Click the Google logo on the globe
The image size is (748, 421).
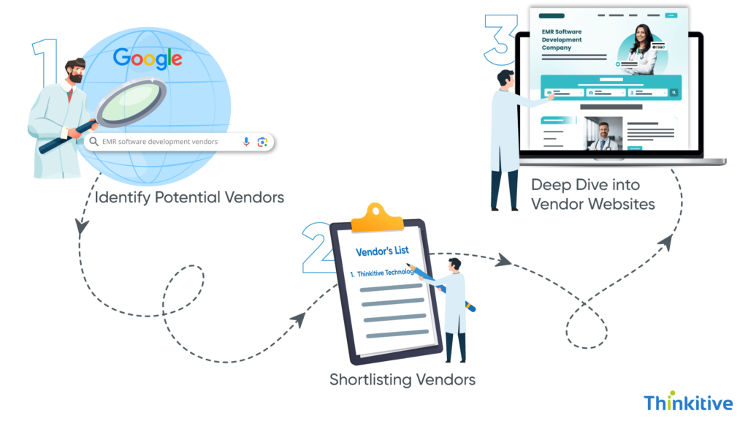[x=148, y=58]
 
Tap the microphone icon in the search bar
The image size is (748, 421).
[x=246, y=142]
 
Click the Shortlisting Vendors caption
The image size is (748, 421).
[x=402, y=379]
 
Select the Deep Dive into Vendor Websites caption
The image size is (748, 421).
[x=592, y=194]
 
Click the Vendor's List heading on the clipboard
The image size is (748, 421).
[x=382, y=251]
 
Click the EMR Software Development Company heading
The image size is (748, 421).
[x=562, y=39]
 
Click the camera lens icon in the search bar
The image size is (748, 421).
[x=262, y=142]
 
